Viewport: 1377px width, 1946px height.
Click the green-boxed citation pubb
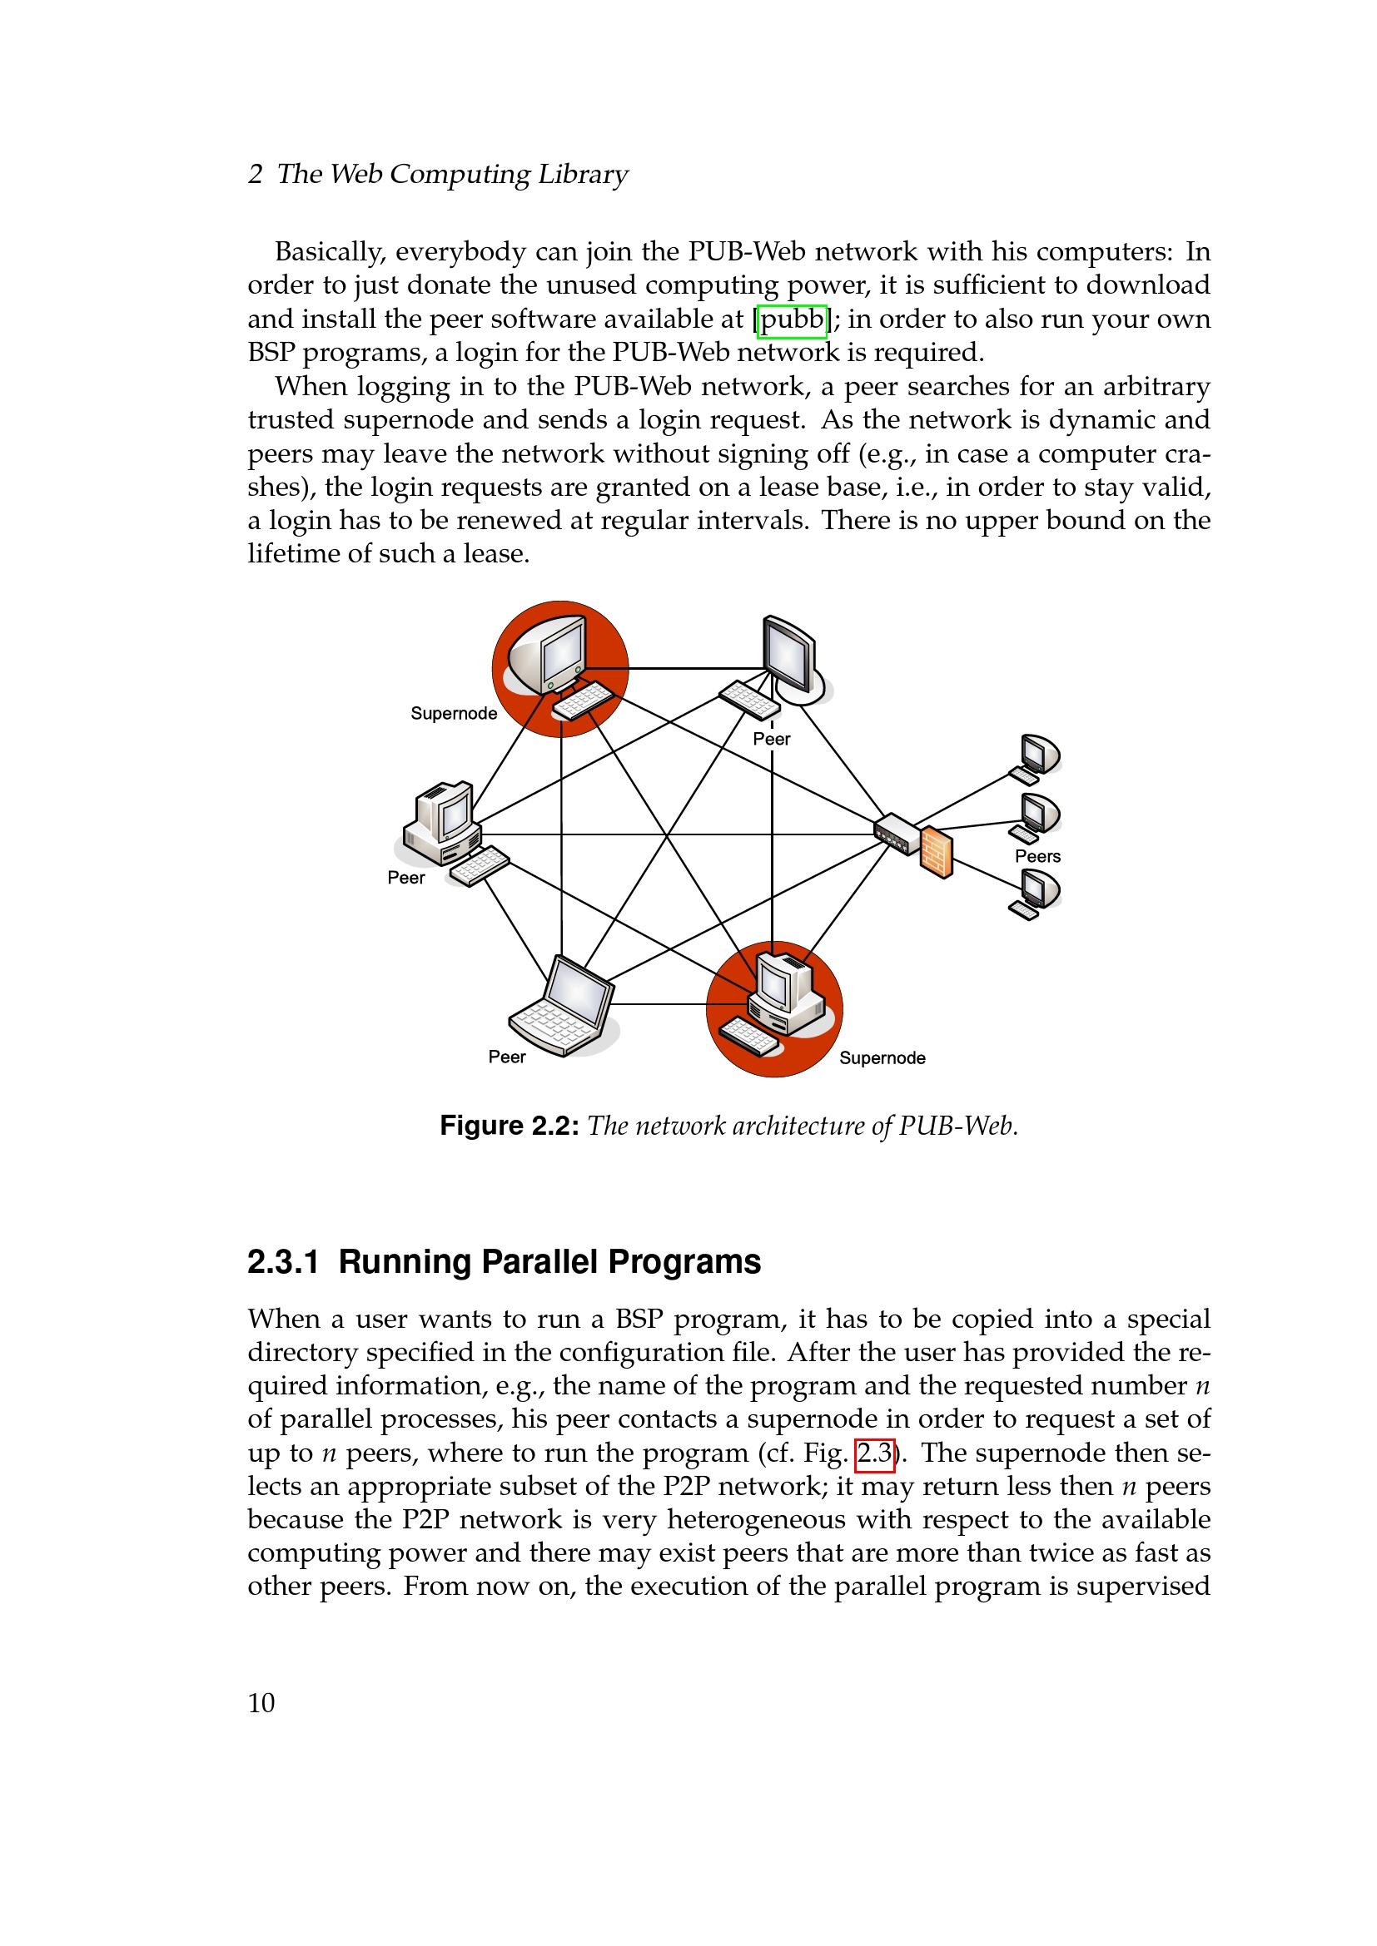791,320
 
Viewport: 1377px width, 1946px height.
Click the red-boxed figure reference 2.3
874,1453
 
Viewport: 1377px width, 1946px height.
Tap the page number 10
261,1703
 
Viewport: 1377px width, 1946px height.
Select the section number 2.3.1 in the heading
283,1262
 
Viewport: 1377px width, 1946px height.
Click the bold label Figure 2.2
509,1126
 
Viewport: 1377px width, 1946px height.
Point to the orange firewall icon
937,852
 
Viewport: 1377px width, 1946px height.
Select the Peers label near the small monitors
1037,856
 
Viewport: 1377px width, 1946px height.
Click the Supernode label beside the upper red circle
454,714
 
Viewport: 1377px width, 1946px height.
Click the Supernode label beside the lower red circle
882,1057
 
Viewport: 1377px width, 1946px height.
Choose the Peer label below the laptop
507,1057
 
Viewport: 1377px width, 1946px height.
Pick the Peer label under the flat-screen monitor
772,739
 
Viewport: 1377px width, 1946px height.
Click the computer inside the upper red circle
559,666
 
